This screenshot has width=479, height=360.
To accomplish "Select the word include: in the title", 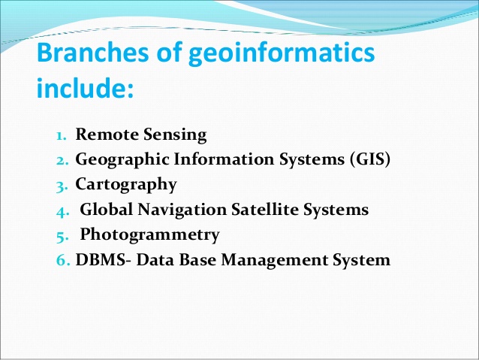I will click(84, 90).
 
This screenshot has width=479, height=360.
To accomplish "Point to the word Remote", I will click(104, 135).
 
